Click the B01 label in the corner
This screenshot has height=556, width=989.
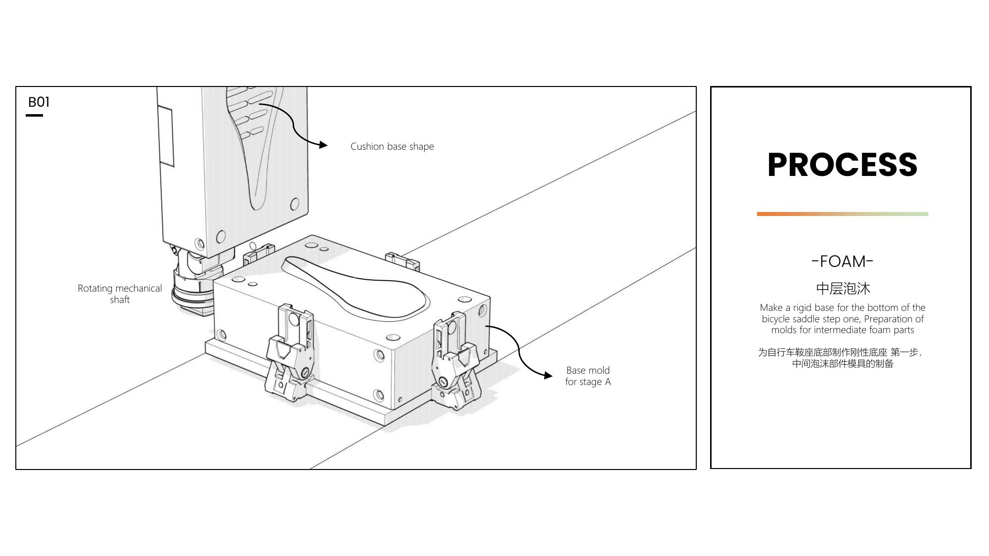tap(39, 102)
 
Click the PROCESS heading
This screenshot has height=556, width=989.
tap(842, 165)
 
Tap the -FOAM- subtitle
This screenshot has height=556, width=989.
tap(842, 261)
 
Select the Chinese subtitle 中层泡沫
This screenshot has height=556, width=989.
tap(842, 288)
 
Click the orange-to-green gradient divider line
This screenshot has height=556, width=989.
tap(842, 214)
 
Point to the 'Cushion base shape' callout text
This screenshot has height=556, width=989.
tap(392, 147)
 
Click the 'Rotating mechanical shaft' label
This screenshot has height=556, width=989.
tap(120, 294)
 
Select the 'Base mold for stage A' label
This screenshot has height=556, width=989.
tap(588, 376)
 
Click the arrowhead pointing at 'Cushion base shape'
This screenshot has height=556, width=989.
tap(323, 145)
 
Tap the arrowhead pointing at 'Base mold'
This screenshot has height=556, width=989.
tap(548, 376)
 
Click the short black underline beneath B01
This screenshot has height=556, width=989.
tap(34, 115)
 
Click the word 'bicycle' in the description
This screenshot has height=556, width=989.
tap(776, 319)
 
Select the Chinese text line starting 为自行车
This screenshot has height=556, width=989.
tap(840, 352)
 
